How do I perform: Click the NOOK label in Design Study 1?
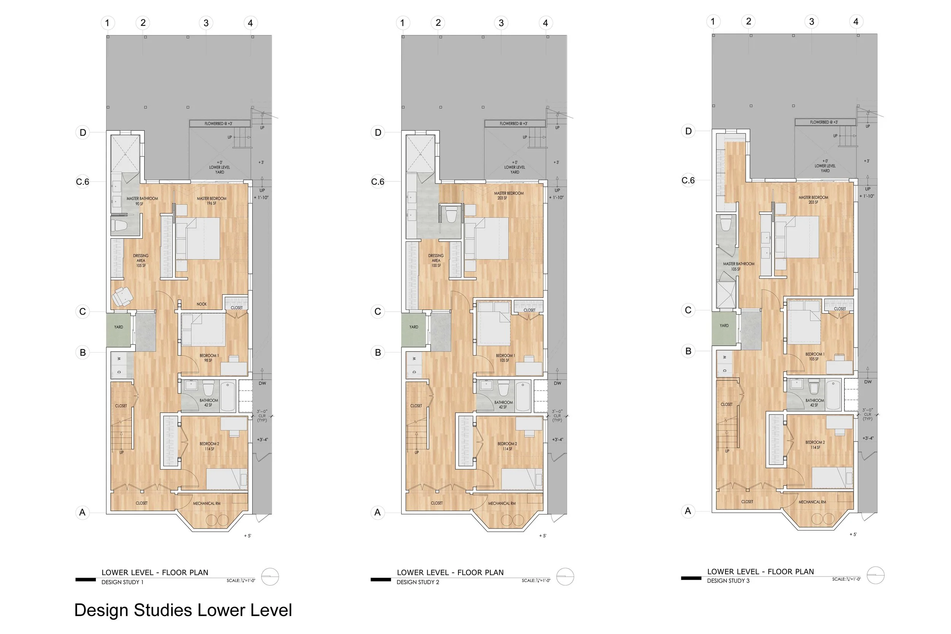[201, 304]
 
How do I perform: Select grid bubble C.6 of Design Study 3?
[688, 180]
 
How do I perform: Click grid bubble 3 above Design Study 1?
[206, 23]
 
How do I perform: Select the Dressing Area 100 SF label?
[436, 261]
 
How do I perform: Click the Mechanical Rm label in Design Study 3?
[812, 502]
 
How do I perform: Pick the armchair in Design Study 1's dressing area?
[122, 296]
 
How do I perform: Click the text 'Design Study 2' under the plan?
[418, 582]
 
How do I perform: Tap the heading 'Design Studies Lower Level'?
[183, 610]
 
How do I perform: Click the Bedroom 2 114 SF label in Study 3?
[815, 445]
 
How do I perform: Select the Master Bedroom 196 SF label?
[212, 201]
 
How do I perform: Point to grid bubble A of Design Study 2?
[377, 513]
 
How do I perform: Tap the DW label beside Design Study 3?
[868, 382]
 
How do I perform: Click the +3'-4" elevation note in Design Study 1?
[262, 440]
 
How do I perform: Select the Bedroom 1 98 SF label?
[208, 358]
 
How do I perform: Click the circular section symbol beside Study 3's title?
[875, 575]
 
